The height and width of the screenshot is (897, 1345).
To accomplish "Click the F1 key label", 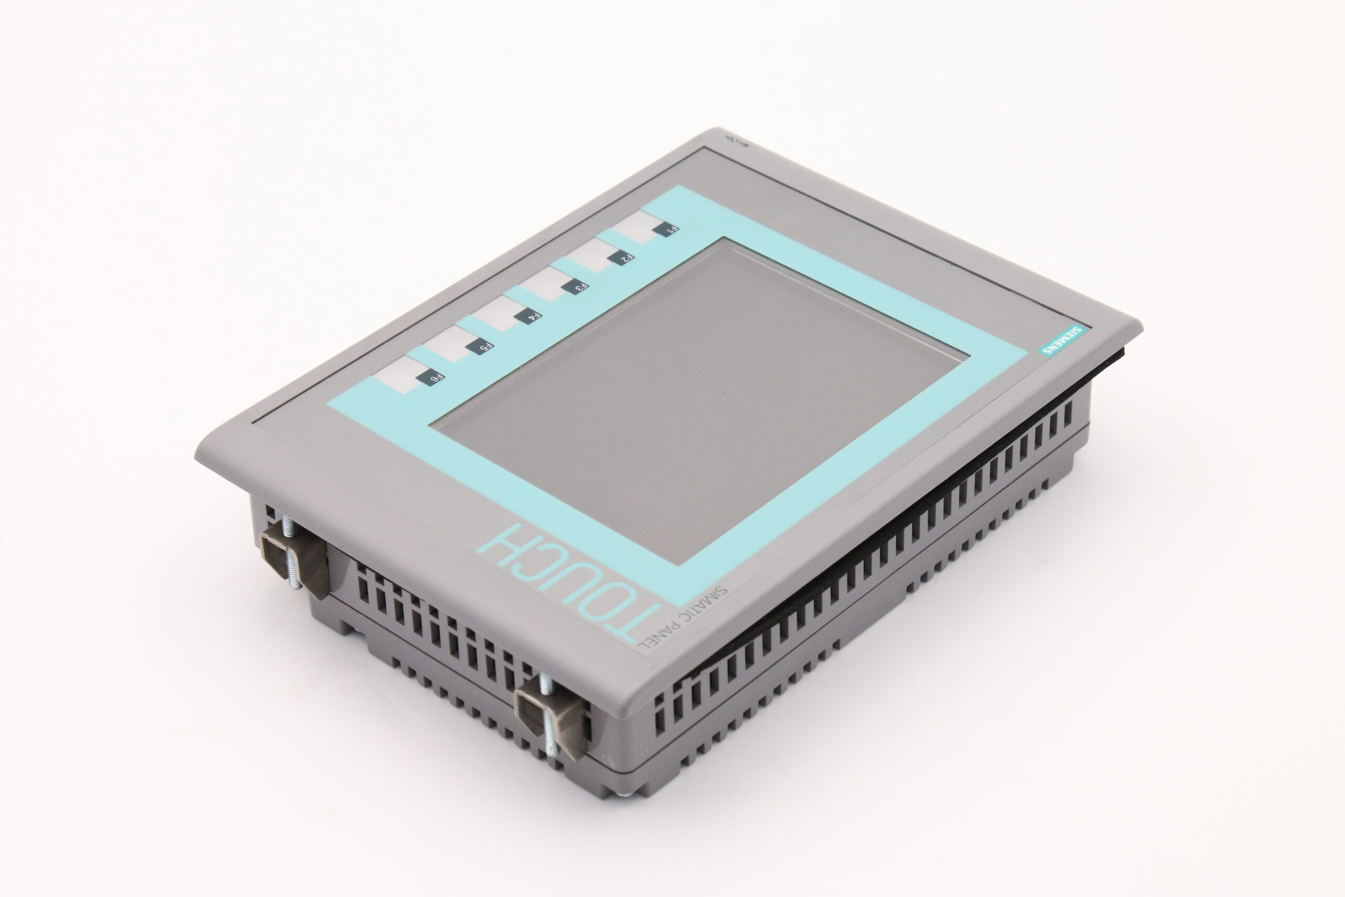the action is [x=666, y=230].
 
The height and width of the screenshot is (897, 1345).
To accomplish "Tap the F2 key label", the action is [x=621, y=257].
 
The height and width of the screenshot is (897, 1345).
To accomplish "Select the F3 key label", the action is [x=575, y=286].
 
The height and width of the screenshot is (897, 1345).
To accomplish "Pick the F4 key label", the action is [x=528, y=316].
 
